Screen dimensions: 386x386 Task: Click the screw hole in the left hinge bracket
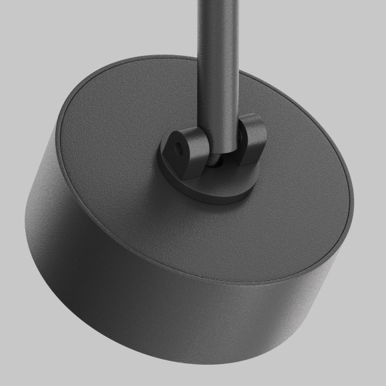179,144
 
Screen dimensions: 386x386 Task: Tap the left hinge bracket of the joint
186,150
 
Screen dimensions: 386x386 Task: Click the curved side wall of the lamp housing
133,280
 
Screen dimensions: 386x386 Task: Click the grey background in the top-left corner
27,27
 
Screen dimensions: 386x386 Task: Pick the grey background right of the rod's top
299,27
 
